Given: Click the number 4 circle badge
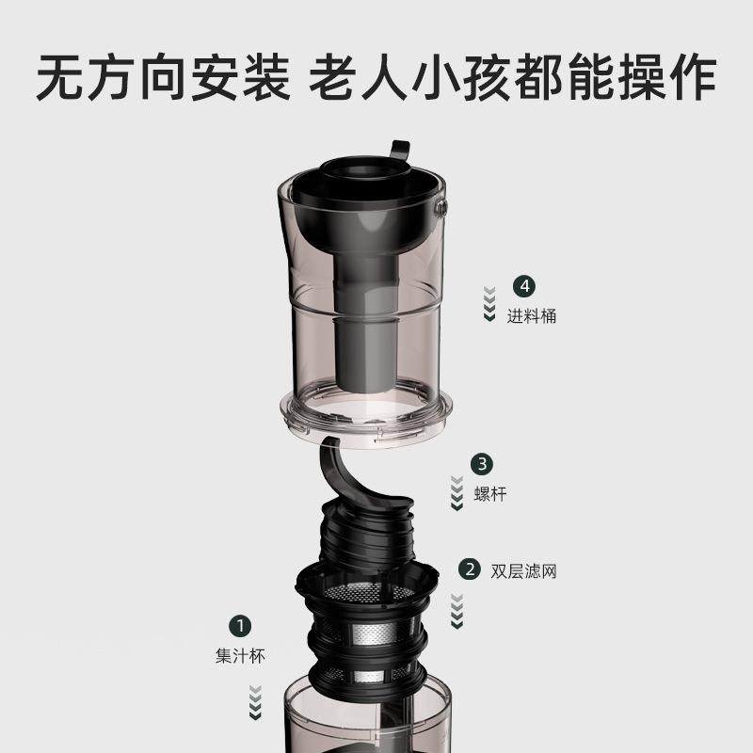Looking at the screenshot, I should (523, 286).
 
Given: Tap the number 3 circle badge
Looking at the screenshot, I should (483, 463).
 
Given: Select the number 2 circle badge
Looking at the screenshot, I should (468, 569).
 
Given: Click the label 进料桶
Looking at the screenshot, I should (532, 316).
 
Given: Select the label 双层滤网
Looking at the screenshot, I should (524, 570).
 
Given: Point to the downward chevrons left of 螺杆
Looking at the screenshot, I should (457, 492).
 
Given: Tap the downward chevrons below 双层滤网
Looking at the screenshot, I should (457, 610).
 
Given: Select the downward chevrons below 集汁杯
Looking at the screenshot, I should (254, 701).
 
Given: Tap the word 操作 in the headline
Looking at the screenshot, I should (670, 77).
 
